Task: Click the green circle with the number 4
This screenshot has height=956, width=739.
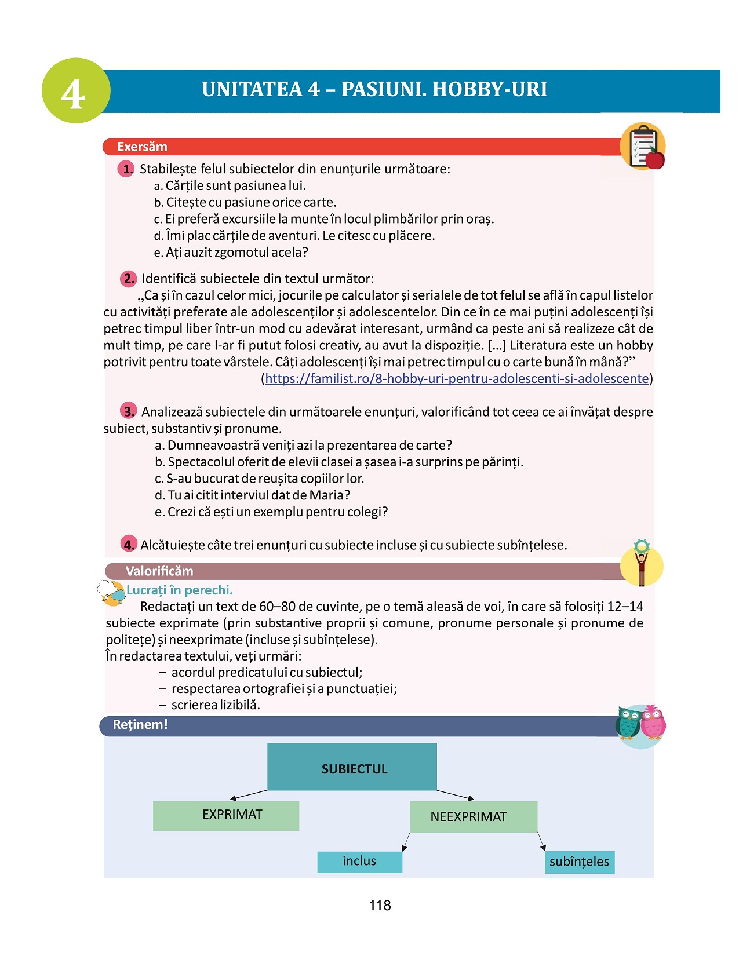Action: [75, 90]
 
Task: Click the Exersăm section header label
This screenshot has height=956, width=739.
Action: [142, 147]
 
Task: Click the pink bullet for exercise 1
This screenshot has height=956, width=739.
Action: [126, 169]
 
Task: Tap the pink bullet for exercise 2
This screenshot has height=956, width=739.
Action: [128, 279]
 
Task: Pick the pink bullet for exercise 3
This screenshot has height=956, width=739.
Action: [128, 411]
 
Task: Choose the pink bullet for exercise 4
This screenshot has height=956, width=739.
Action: [128, 544]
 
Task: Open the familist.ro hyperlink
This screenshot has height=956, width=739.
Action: [457, 378]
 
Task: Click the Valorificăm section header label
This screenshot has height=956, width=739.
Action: [159, 571]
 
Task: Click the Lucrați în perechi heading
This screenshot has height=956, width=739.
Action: [180, 590]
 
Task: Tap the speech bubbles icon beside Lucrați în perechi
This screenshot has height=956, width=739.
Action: [111, 593]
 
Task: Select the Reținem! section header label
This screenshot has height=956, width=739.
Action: [140, 725]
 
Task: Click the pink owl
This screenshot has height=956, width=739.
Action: [653, 724]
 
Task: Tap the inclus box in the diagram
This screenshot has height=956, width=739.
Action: [359, 862]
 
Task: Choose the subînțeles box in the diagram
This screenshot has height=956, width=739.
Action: [579, 862]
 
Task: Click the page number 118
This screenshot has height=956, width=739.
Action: [380, 905]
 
